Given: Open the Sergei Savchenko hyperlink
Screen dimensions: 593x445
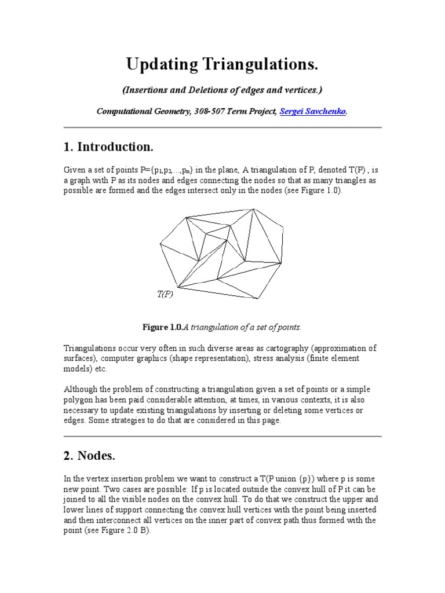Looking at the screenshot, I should (313, 112).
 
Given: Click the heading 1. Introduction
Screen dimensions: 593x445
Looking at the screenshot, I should (108, 147).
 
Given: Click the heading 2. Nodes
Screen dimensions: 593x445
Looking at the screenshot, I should (89, 456).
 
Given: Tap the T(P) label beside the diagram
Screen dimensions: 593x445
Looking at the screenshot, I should (165, 294).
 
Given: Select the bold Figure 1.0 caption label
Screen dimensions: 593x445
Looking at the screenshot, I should (162, 327).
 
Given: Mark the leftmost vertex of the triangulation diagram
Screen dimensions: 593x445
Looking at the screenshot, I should (160, 242).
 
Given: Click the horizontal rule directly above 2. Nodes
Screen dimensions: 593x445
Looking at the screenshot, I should (222, 437).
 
